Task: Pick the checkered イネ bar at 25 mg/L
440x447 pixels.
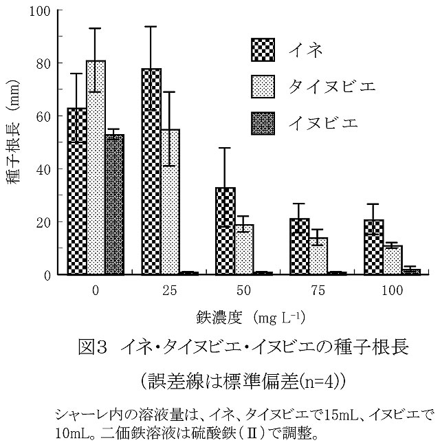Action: (151, 172)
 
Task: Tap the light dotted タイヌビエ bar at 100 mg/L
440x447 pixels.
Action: (393, 261)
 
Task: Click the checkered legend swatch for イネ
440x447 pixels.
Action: (263, 50)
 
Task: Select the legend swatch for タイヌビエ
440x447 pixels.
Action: (263, 87)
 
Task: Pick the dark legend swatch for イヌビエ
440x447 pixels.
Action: (263, 124)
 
